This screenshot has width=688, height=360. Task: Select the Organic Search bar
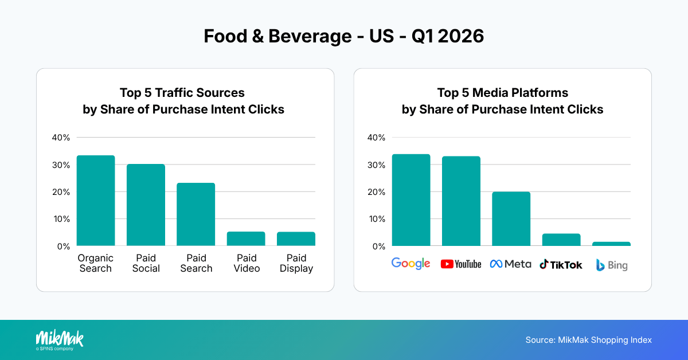coord(96,201)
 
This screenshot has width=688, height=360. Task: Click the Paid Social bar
coord(146,205)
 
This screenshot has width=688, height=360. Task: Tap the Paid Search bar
coord(196,214)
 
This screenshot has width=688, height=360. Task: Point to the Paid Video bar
coord(246,239)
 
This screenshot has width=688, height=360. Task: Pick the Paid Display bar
coord(296,239)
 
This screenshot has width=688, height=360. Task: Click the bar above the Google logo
coord(411,200)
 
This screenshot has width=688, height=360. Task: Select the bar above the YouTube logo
coord(461,201)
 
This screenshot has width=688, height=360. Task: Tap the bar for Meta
coord(511,219)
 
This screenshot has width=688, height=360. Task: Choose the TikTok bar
coord(561,240)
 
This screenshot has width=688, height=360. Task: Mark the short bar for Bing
coord(611,244)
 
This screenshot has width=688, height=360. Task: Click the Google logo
coord(411,264)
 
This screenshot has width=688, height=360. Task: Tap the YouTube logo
coord(461,264)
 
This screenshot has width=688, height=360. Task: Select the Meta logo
coord(510,264)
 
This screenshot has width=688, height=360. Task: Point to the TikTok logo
coord(561,264)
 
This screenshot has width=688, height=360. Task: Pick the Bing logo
coord(611,265)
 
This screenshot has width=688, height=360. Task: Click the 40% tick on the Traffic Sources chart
coord(61,138)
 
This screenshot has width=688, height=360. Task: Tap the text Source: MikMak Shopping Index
coord(589,340)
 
